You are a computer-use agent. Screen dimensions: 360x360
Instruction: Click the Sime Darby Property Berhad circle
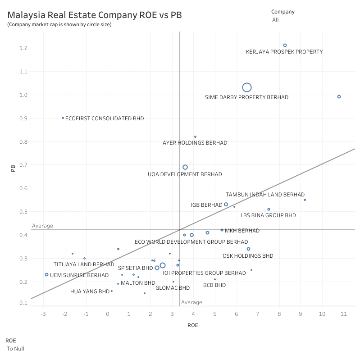click(246, 87)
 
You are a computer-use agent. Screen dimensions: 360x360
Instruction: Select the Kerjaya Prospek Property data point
click(285, 45)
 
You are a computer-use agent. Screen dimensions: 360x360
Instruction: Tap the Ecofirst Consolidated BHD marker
click(63, 118)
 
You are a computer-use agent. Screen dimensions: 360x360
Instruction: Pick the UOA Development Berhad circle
click(185, 167)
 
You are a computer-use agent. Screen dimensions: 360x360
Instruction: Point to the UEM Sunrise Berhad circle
click(46, 274)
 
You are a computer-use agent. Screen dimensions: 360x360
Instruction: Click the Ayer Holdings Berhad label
click(195, 143)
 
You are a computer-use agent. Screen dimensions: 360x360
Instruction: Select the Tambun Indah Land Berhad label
click(265, 195)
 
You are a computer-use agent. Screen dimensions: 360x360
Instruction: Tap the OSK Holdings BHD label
click(248, 256)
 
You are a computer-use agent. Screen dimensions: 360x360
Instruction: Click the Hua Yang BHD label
click(90, 292)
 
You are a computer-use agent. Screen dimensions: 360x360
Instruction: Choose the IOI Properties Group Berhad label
click(204, 273)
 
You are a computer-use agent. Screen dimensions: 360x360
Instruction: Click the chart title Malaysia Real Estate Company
click(95, 15)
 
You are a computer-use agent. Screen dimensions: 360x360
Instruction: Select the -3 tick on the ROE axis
click(43, 314)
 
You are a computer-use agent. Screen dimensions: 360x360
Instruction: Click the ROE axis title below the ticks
click(193, 325)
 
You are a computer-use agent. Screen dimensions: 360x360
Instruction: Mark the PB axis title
click(13, 169)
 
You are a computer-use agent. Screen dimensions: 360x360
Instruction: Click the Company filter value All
click(275, 20)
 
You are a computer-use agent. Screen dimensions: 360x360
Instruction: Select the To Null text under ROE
click(16, 349)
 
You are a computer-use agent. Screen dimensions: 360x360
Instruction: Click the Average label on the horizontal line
click(42, 226)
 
